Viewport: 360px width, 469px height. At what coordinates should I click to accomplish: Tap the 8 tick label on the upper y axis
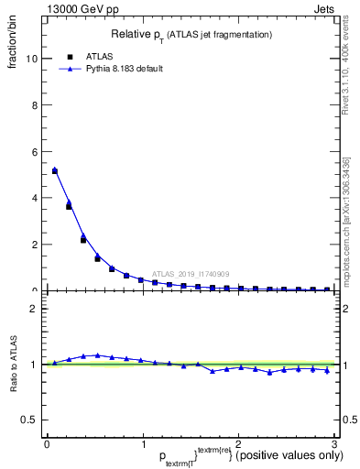click(x=34, y=105)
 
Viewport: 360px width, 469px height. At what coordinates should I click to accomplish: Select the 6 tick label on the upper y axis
click(x=34, y=152)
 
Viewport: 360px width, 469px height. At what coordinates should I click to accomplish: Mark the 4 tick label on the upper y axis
click(x=34, y=198)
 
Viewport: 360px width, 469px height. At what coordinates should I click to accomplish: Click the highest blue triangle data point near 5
click(x=55, y=169)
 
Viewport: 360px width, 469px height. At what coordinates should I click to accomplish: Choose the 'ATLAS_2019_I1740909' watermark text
click(x=190, y=273)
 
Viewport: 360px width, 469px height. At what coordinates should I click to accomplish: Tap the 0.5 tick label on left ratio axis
click(x=29, y=420)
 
